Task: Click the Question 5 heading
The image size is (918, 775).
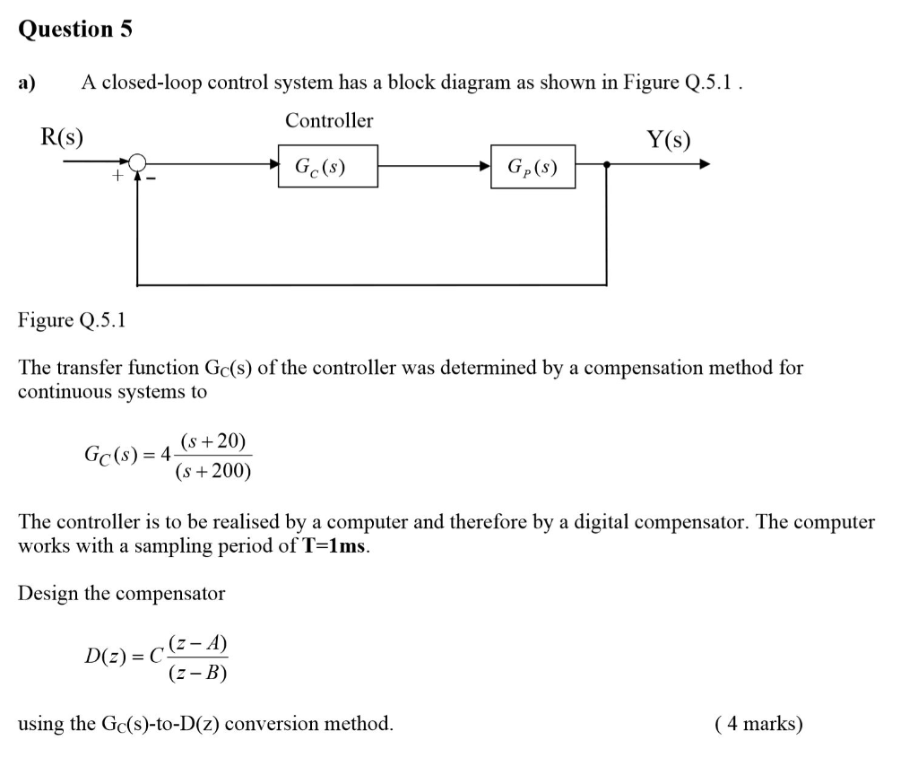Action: point(75,29)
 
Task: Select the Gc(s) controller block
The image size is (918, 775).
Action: point(327,167)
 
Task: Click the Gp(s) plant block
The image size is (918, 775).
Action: point(533,167)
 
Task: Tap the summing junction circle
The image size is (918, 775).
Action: point(137,162)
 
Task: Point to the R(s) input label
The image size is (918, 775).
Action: point(62,137)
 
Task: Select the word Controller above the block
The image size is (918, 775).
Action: point(329,120)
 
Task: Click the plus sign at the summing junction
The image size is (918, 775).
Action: point(116,178)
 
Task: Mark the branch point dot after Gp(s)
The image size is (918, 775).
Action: point(608,164)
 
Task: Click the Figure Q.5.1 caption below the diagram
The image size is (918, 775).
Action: point(72,320)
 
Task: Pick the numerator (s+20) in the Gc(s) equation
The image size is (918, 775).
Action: point(212,441)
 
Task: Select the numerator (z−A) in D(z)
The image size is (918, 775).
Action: point(198,643)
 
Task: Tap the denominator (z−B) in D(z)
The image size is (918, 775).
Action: point(198,673)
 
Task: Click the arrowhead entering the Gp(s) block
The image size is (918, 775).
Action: point(485,165)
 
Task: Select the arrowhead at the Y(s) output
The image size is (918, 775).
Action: point(705,164)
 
